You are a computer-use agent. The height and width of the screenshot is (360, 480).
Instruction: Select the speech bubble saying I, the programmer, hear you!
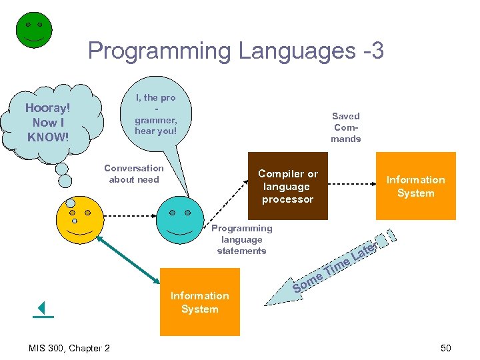155,114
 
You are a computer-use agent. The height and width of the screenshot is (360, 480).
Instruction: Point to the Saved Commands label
345,127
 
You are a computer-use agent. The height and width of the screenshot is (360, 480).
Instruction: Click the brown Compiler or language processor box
287,186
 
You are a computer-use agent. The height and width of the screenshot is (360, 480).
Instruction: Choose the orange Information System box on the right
415,186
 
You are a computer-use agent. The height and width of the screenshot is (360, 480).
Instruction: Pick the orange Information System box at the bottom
199,302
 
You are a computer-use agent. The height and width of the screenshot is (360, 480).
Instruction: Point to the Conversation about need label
133,174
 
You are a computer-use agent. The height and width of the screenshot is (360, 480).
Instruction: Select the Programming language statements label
241,239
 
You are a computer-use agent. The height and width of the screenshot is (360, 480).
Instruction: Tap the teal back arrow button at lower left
43,309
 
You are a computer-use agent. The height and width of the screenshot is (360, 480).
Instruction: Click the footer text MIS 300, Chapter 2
69,347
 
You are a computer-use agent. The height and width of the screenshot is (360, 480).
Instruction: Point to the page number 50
445,347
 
